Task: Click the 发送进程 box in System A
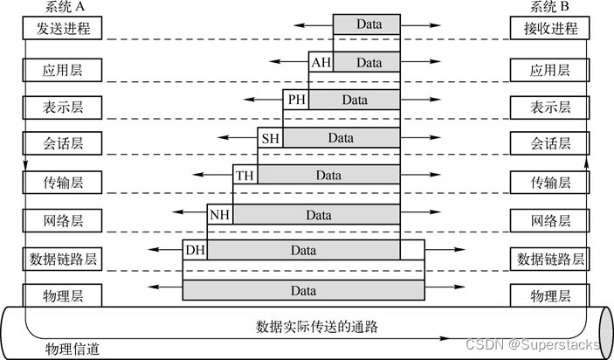coord(63,29)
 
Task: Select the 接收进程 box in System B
coord(550,29)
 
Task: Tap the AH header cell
coord(321,63)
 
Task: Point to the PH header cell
coord(296,100)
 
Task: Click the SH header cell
coord(271,138)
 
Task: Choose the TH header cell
coord(245,176)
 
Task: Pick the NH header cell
coord(220,214)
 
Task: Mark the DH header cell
coord(195,252)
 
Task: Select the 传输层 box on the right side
coord(550,183)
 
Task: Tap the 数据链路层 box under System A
coord(63,259)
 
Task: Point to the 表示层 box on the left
coord(63,107)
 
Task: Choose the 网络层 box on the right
coord(550,220)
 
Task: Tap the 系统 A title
coord(62,8)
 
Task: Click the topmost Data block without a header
coord(367,24)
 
